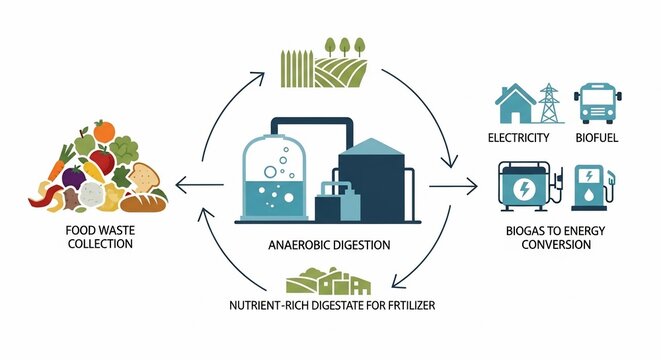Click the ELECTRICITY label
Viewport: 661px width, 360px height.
point(520,137)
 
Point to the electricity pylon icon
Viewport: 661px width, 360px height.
point(549,103)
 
